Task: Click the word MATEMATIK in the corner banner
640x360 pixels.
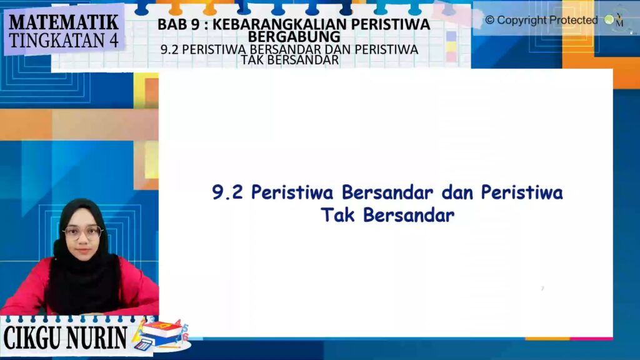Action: click(x=64, y=22)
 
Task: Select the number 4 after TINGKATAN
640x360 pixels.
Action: click(x=111, y=41)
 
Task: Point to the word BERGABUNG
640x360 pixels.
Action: click(x=294, y=37)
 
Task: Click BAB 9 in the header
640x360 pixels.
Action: click(x=178, y=24)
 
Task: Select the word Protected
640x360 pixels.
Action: click(x=573, y=20)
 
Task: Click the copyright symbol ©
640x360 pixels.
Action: click(x=489, y=20)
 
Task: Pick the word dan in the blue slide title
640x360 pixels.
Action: click(x=457, y=192)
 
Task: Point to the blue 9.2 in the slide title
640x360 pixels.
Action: click(x=227, y=192)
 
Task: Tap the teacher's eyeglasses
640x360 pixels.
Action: click(x=83, y=232)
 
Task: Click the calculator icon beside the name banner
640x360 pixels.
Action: click(x=142, y=345)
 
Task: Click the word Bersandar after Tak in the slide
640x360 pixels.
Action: click(x=409, y=215)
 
